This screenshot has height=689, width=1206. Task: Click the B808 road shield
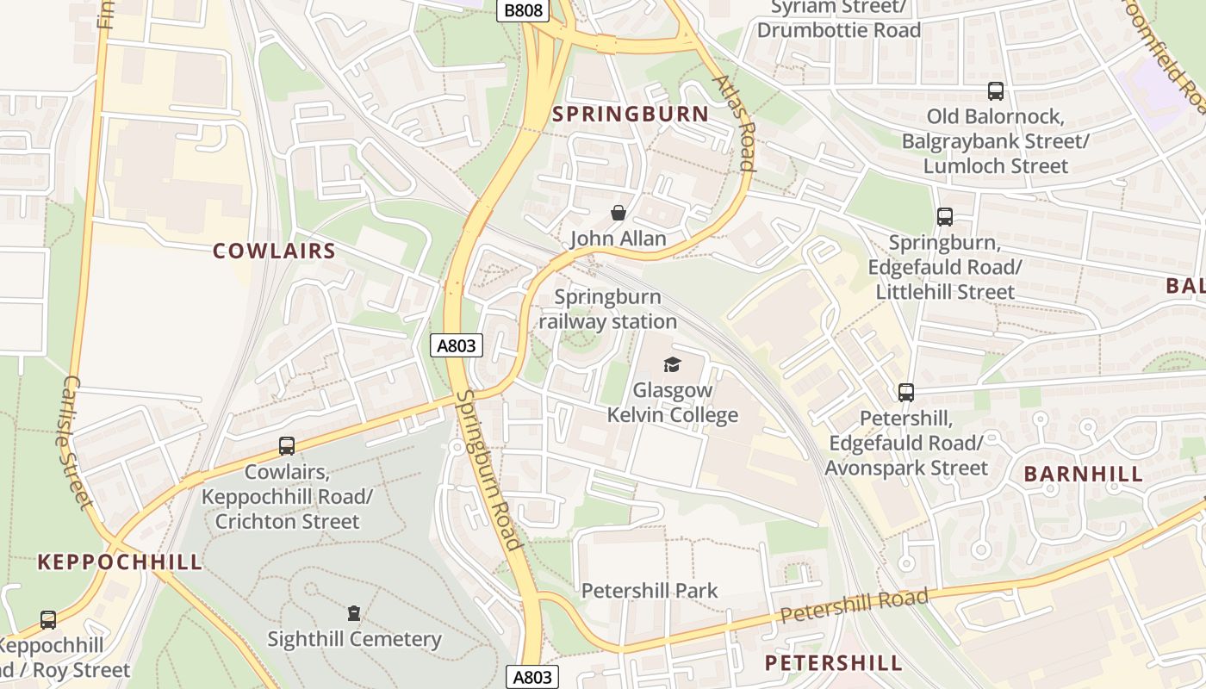523,10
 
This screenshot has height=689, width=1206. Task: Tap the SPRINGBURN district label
630,114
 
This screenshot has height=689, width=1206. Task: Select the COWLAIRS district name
274,251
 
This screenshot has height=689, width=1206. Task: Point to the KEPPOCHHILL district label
120,562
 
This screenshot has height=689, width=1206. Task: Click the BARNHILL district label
1084,474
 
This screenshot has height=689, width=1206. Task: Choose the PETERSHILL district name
833,662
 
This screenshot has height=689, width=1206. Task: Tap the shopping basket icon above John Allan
618,213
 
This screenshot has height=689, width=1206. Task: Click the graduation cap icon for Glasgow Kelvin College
672,365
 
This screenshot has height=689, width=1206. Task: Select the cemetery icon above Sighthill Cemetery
353,613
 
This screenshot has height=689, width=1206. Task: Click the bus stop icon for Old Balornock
995,91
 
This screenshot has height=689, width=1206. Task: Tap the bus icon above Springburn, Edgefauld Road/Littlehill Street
944,217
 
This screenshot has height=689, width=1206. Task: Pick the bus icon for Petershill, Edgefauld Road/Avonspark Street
905,393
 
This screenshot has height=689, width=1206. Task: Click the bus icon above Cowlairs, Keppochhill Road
287,446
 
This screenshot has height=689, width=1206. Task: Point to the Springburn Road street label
489,470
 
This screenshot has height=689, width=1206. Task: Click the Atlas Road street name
734,123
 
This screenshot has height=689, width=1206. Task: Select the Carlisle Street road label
78,441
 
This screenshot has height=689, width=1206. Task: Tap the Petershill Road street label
855,605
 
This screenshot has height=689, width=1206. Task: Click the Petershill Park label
650,591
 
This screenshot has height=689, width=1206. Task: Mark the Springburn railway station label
607,309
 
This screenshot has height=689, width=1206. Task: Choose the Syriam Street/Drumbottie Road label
838,19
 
